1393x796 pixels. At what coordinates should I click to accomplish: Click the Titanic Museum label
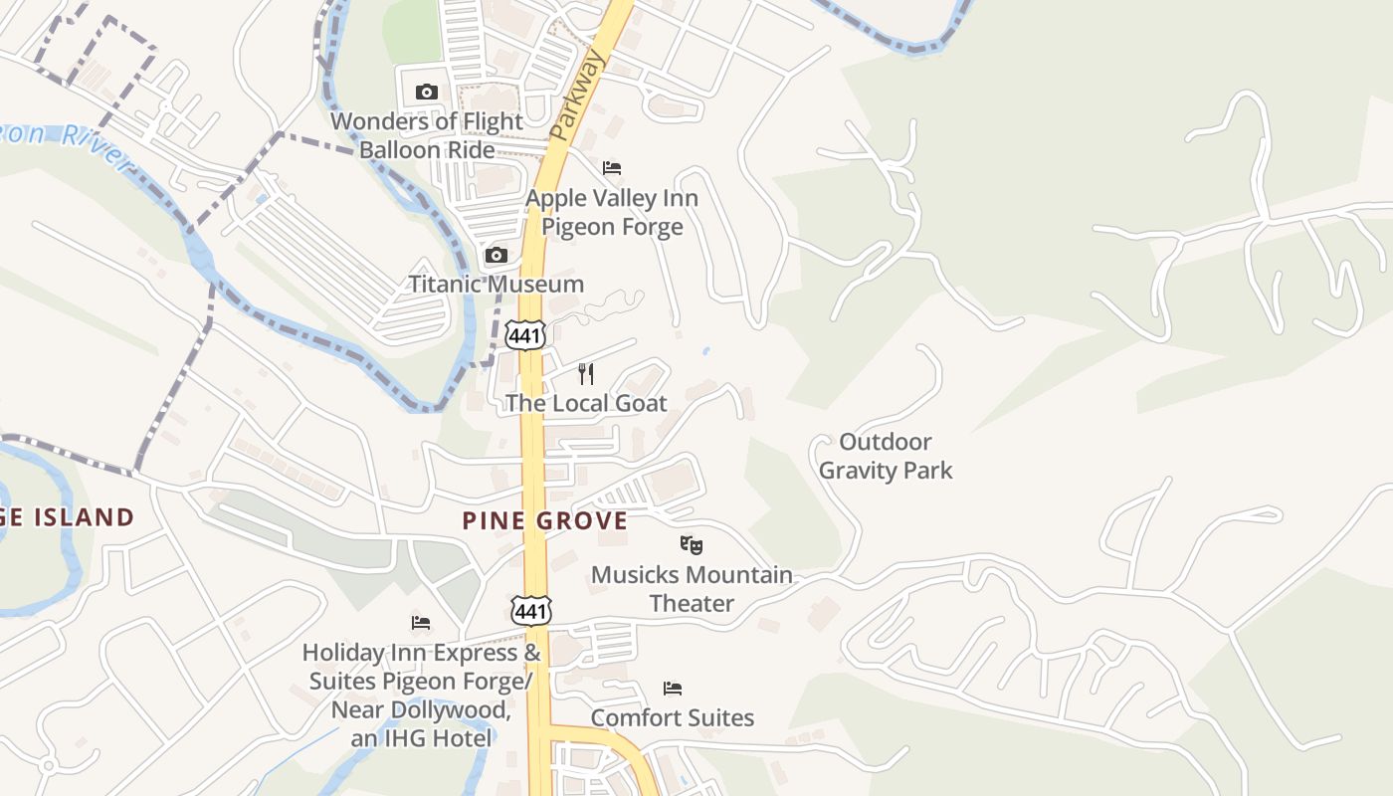(496, 285)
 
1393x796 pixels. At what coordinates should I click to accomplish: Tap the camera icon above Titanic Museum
(496, 256)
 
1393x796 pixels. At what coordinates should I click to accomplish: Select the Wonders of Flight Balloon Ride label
(427, 135)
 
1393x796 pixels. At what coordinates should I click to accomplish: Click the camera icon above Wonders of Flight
(427, 93)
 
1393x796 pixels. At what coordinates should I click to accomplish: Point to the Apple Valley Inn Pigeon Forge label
(612, 212)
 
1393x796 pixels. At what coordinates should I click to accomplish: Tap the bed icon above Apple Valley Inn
(612, 167)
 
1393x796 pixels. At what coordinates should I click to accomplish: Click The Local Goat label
(586, 403)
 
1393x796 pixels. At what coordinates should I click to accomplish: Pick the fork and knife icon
(586, 374)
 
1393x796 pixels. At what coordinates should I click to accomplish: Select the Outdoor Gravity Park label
(886, 456)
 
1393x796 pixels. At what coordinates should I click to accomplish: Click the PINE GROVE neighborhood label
(545, 520)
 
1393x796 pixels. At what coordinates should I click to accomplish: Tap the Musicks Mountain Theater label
(692, 589)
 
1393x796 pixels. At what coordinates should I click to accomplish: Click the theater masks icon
(692, 544)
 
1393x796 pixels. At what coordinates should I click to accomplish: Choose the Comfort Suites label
(673, 717)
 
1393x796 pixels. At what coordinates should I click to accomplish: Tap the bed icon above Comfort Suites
(673, 688)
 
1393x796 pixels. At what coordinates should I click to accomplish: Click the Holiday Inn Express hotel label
(422, 696)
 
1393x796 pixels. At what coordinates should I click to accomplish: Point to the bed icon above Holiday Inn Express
(421, 623)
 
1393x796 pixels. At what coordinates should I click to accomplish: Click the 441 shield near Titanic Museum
(524, 335)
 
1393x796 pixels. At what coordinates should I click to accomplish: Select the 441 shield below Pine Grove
(530, 610)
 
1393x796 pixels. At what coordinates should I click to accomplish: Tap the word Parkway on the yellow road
(577, 96)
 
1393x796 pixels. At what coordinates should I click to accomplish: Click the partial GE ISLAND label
(67, 517)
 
